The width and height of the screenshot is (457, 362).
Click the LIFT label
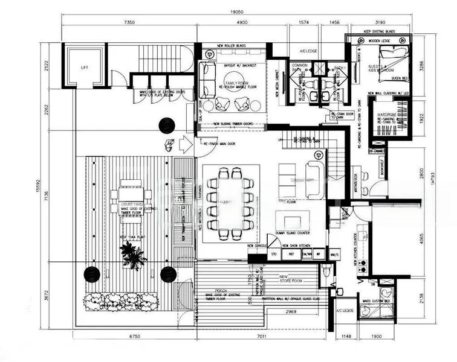point(84,68)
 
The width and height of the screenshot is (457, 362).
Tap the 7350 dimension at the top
point(128,22)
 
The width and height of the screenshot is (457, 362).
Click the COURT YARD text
point(131,205)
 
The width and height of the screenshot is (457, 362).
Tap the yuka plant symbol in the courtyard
point(132,256)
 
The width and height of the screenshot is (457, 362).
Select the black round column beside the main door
point(167,125)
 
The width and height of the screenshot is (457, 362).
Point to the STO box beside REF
point(274,255)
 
